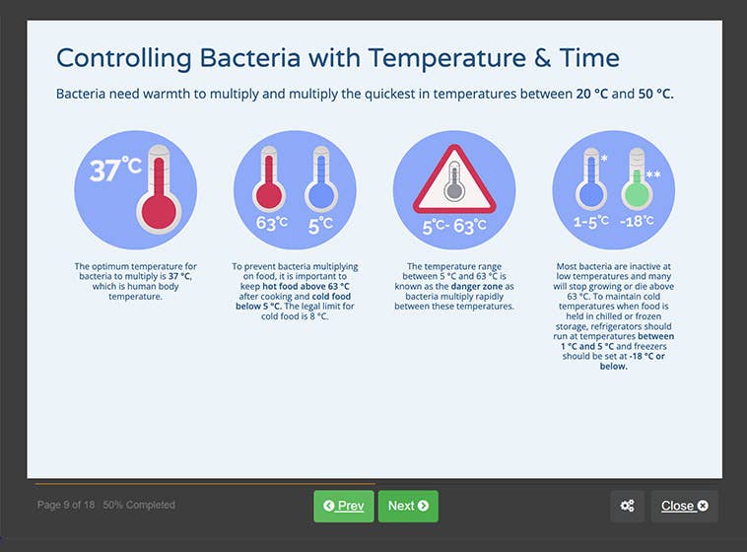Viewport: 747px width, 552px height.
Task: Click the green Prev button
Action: pyautogui.click(x=343, y=506)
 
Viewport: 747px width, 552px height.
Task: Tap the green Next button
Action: pyautogui.click(x=408, y=506)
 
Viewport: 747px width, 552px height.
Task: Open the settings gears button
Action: pyautogui.click(x=627, y=506)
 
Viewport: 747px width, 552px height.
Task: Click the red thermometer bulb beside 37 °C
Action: pyautogui.click(x=159, y=209)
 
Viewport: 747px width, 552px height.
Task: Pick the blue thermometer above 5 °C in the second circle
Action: pyautogui.click(x=319, y=183)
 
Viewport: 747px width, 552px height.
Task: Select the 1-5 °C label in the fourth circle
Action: pyautogui.click(x=590, y=222)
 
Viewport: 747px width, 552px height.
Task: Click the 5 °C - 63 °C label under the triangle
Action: pyautogui.click(x=454, y=227)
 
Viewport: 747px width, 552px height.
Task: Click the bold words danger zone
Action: pyautogui.click(x=472, y=287)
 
